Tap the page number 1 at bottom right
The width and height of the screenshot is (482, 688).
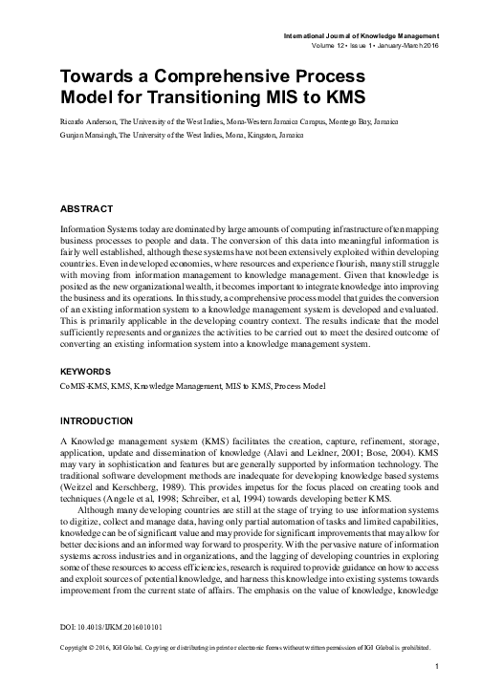coord(436,666)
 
